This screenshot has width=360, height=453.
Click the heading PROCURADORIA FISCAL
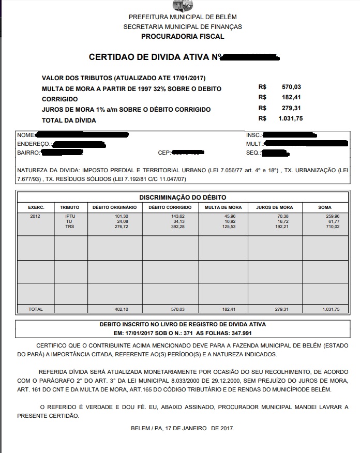pos(183,37)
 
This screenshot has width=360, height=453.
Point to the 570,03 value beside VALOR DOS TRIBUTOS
pos(291,87)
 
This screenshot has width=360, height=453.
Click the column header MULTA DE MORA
pos(220,207)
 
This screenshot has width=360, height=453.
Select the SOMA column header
pos(325,207)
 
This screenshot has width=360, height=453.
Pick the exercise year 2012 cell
pos(35,216)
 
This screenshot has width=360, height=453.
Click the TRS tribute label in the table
pos(70,226)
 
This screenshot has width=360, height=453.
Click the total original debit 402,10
pos(121,309)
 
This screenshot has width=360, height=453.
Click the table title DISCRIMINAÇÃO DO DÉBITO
pos(183,198)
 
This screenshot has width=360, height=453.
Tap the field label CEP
pos(164,153)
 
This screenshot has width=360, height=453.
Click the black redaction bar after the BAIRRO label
pos(62,153)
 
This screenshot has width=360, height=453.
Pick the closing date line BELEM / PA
pos(183,429)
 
